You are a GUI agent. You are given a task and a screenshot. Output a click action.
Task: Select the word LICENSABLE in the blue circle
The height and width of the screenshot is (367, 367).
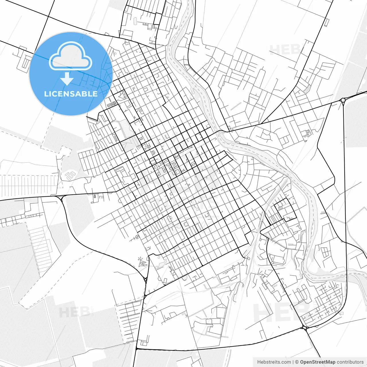tap(71, 94)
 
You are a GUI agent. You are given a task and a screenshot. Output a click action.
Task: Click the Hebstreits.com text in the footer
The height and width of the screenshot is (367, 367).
tap(274, 362)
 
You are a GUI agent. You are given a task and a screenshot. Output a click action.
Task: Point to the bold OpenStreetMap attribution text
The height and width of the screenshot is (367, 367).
tap(317, 362)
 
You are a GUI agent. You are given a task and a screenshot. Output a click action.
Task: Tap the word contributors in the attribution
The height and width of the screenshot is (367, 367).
tap(350, 362)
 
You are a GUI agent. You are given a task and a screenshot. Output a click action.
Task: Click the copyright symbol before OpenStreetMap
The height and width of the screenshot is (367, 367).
tap(297, 362)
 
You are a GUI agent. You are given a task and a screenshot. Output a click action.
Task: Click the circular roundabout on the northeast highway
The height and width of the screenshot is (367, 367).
tap(343, 100)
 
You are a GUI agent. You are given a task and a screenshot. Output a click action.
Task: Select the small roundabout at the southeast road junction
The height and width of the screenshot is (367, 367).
tap(304, 327)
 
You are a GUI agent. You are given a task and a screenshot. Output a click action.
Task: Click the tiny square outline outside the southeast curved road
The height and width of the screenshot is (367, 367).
tap(342, 313)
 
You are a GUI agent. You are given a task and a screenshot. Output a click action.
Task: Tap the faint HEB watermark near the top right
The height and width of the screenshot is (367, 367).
tap(284, 49)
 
